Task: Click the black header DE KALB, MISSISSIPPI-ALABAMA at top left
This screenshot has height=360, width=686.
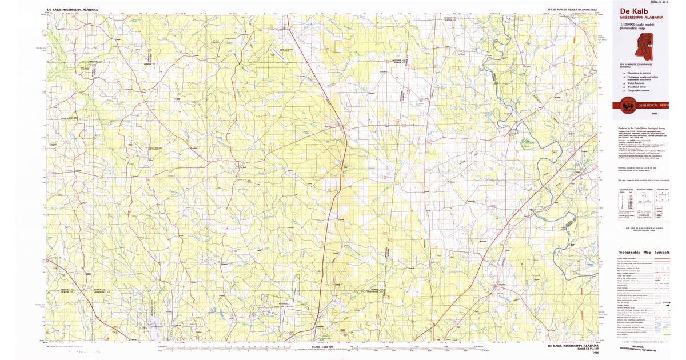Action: (x=71, y=10)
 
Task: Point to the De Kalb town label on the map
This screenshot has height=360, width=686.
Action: (x=242, y=167)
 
